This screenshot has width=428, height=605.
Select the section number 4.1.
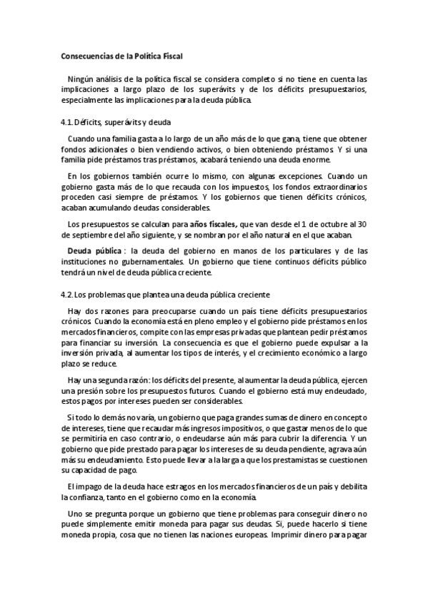click(67, 122)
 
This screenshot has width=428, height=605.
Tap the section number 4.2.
click(67, 295)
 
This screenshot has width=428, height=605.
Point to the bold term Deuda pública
click(94, 250)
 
